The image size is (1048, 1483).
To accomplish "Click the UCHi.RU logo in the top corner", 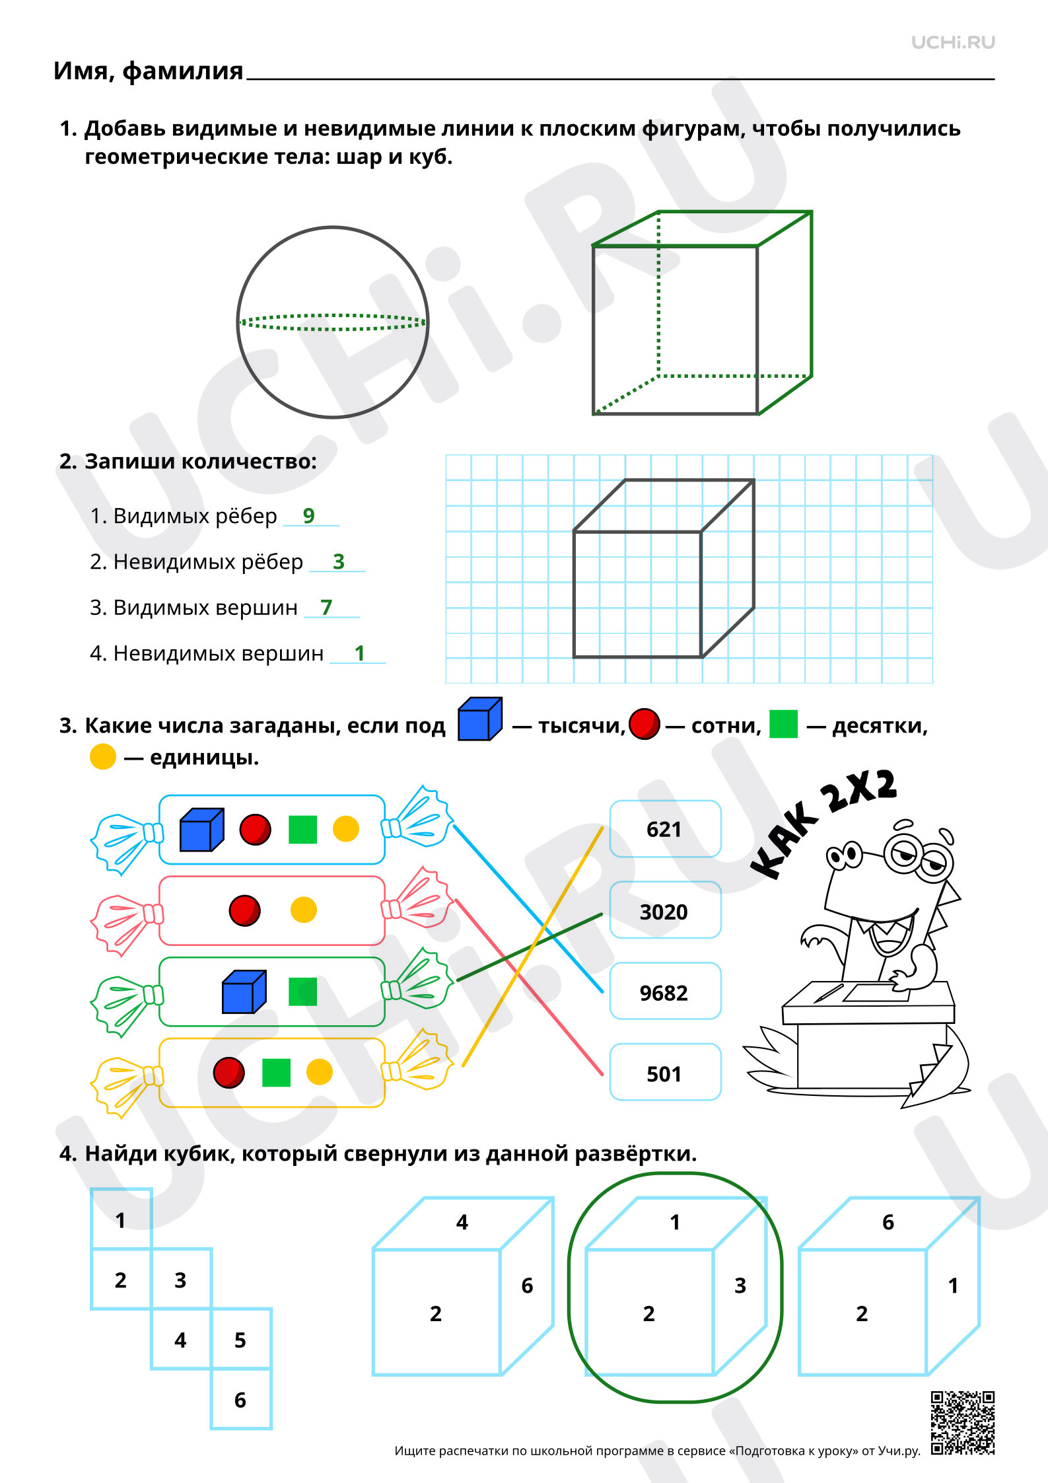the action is click(953, 42).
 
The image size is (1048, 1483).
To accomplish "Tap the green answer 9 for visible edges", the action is click(308, 515).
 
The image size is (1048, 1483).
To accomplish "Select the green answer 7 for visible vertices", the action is click(326, 607).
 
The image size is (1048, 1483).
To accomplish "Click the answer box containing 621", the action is click(665, 829).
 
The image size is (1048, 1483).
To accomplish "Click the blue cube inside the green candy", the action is click(244, 992).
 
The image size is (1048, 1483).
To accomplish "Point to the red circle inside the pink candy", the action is click(244, 910).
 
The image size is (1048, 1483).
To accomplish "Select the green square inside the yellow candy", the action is click(276, 1073).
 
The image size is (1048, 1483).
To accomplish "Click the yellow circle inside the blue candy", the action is click(346, 829).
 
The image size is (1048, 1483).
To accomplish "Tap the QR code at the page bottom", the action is click(963, 1424).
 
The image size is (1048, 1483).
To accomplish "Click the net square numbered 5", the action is click(241, 1338).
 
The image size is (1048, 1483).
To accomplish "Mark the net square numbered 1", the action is click(121, 1219).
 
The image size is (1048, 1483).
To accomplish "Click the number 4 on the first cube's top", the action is click(462, 1222).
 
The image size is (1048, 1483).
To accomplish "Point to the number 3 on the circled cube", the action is click(740, 1285).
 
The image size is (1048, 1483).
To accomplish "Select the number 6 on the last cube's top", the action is click(888, 1222).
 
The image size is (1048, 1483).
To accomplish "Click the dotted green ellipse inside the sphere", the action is click(333, 322).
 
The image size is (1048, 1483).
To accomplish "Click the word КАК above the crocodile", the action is click(785, 840).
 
